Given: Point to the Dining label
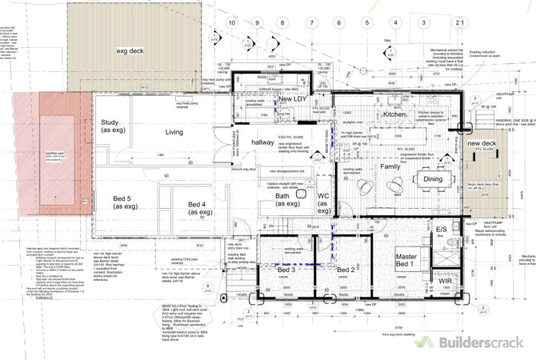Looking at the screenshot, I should [x=432, y=179].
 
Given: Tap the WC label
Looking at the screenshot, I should [x=324, y=200].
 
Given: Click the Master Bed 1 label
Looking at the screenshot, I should [x=401, y=259].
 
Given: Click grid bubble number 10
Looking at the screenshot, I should [x=232, y=23].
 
